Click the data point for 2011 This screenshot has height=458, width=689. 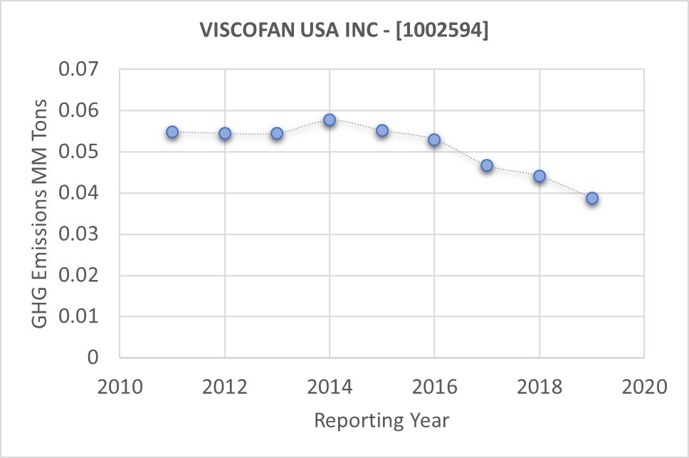pyautogui.click(x=172, y=132)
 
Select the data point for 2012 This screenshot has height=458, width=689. pyautogui.click(x=225, y=133)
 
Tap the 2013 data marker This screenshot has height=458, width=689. pyautogui.click(x=277, y=133)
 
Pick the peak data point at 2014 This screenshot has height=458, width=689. pyautogui.click(x=330, y=120)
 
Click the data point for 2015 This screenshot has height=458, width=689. pyautogui.click(x=382, y=130)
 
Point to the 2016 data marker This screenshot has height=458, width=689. pyautogui.click(x=434, y=140)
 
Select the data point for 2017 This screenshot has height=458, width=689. pyautogui.click(x=487, y=165)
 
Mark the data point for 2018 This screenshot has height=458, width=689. pyautogui.click(x=540, y=176)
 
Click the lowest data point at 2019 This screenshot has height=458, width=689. pyautogui.click(x=592, y=198)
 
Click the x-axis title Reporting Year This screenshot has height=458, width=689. pyautogui.click(x=382, y=420)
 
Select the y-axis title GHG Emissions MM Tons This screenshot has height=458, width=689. pyautogui.click(x=41, y=214)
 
